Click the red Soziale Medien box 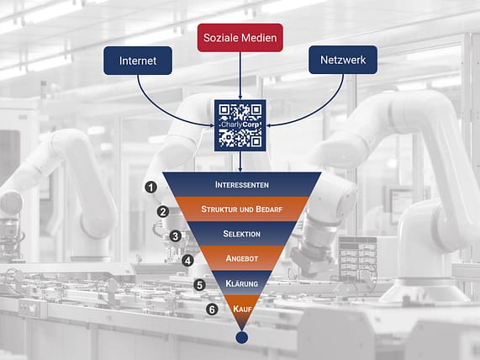240,38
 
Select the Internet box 138,61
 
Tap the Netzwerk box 343,60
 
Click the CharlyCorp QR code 240,125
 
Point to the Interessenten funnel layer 242,184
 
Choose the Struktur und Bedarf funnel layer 242,209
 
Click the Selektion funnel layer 242,234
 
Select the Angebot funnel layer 242,258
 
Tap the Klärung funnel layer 242,283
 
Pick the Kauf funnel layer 242,308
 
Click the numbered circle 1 150,187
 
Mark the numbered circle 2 163,212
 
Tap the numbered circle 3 176,236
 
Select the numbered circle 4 187,261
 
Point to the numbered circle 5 199,285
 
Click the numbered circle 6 212,310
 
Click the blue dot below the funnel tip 242,337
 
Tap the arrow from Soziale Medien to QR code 240,76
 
